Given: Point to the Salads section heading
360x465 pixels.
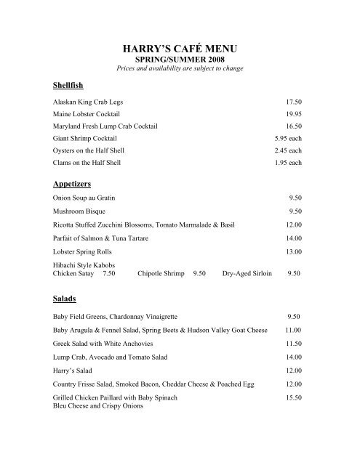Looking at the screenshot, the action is coord(65,298).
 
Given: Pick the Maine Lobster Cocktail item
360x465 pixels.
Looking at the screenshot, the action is coord(87,114).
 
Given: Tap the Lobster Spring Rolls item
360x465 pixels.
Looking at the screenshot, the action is coord(84,251).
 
